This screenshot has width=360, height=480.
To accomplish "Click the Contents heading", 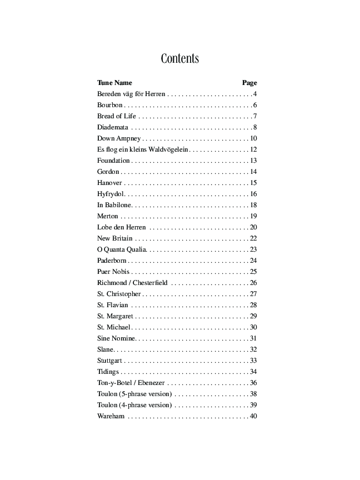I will coord(179,59).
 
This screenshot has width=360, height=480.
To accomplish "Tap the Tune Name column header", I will coord(114,83).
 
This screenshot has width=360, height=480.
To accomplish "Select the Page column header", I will coord(249,83).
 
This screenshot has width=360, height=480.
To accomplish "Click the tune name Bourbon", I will coord(109,105).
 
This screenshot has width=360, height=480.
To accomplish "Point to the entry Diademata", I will coord(112,127).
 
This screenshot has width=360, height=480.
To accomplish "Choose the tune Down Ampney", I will coord(119,138).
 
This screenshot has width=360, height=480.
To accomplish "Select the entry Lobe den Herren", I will coord(121,227).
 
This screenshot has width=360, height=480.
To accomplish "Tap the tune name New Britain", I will coord(114,238).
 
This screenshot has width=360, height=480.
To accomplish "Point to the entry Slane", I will coord(105,349).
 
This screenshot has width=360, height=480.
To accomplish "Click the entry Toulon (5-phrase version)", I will coord(134,394).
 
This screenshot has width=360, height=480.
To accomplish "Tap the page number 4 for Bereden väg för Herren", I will coord(254,94).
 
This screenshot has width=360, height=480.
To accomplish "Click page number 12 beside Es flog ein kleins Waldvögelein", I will coord(253,149).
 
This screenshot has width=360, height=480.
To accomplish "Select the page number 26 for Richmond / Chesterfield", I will coord(253,283).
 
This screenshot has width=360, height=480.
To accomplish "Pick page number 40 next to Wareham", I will coord(253,416).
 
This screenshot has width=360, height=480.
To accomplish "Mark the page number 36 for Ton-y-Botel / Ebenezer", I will coord(253,383).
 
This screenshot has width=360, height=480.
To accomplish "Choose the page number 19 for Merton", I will coord(253,216).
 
